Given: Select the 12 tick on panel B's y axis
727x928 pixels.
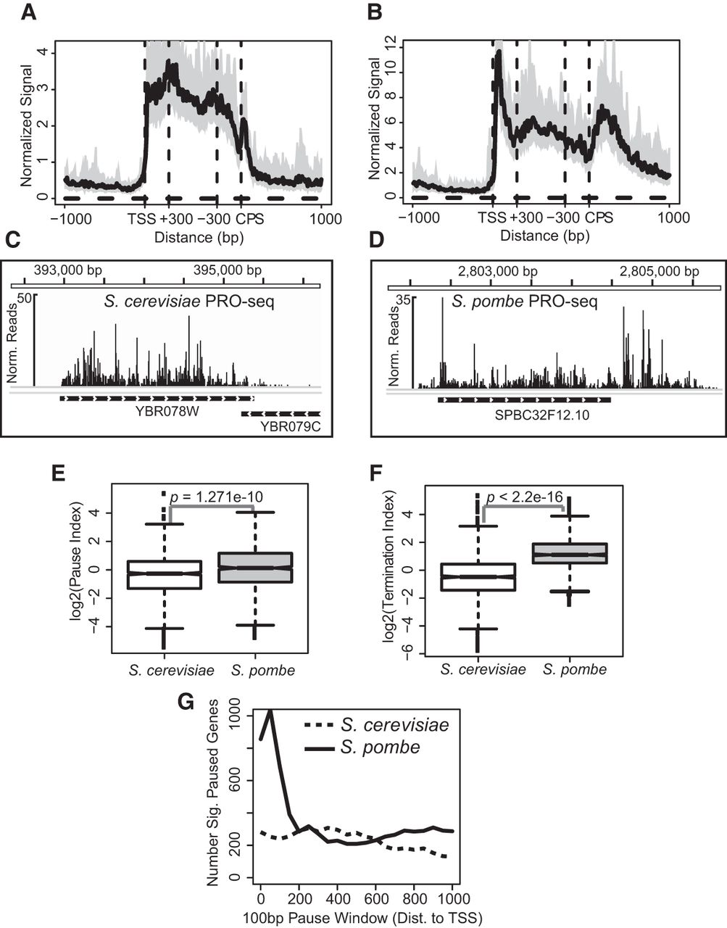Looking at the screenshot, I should click(391, 43).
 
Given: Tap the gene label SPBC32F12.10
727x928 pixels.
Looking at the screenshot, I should click(525, 415).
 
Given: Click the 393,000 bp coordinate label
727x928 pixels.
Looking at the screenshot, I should click(68, 270).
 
